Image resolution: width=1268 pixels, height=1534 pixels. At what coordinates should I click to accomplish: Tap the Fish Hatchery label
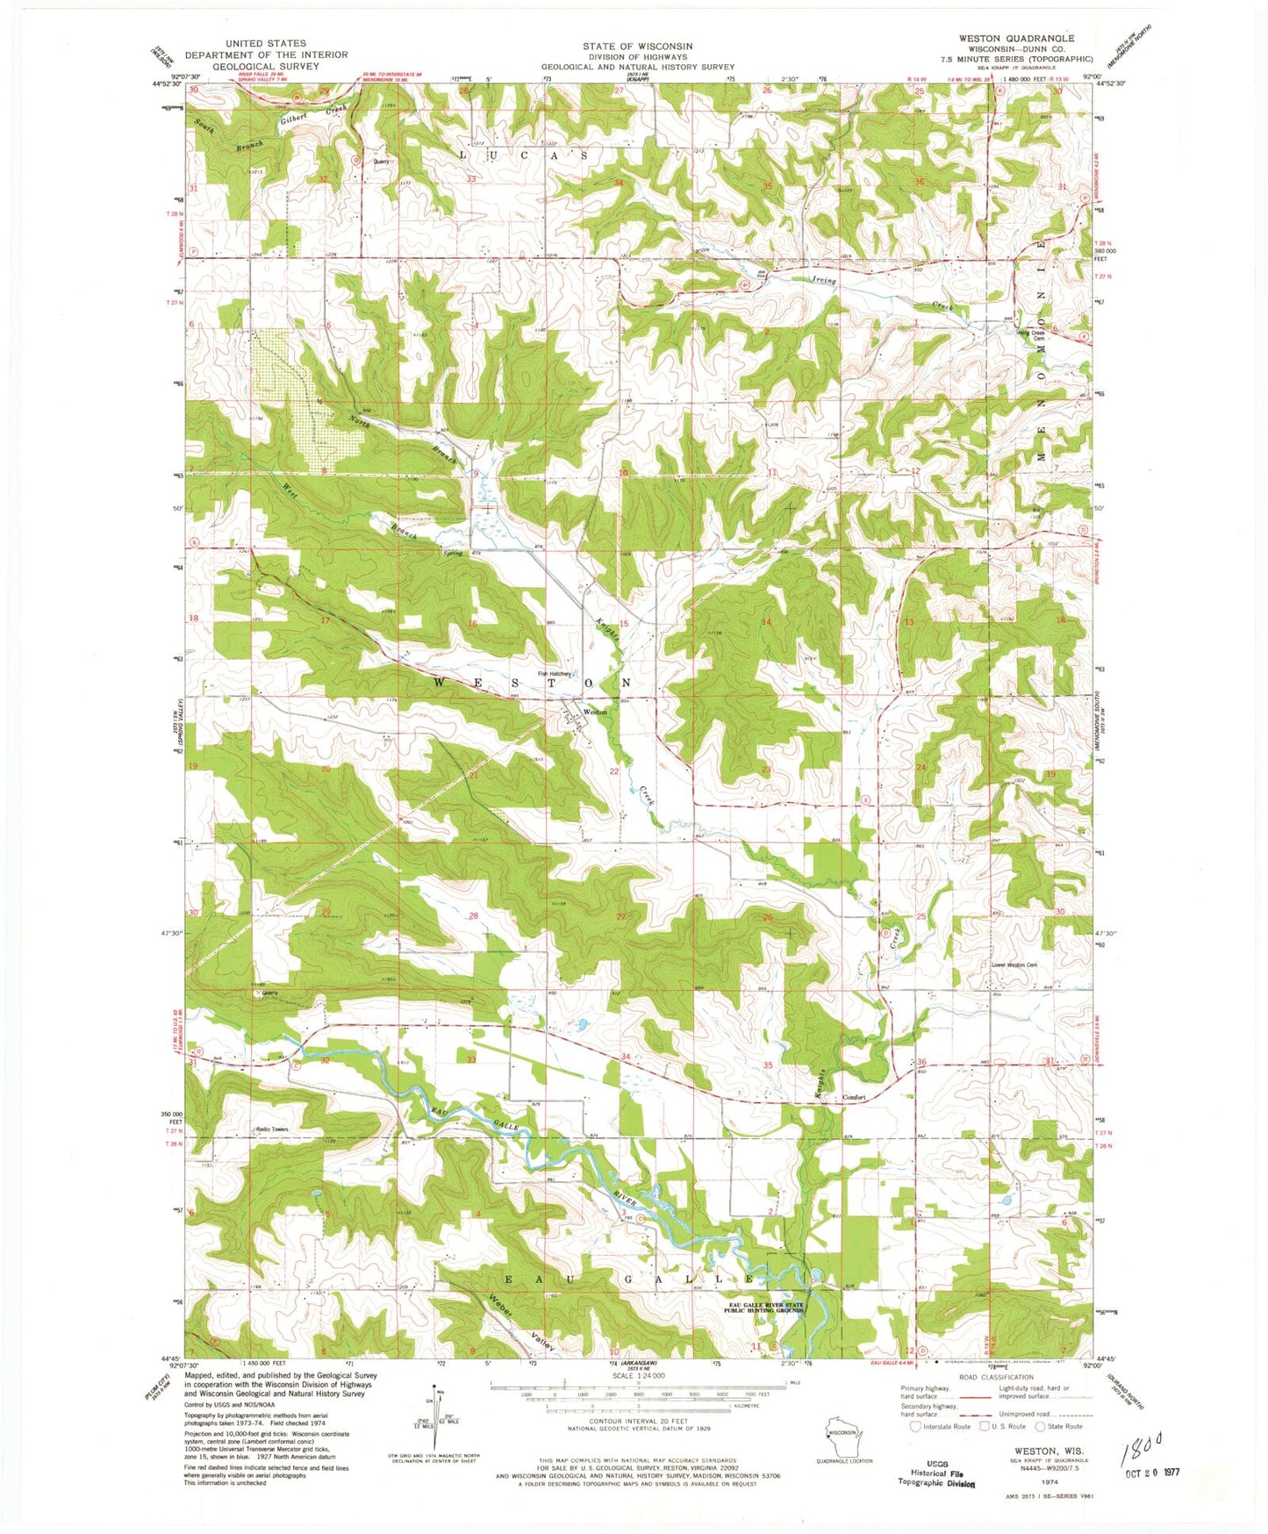[x=555, y=674]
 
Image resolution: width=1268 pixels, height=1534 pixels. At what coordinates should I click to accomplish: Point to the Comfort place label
[x=854, y=1098]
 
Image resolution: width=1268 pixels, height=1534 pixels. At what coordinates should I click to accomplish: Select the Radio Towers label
[x=271, y=1129]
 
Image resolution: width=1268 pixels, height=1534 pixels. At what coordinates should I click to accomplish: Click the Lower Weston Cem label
[x=1014, y=965]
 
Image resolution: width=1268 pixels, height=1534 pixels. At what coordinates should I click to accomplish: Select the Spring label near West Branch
[x=452, y=554]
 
